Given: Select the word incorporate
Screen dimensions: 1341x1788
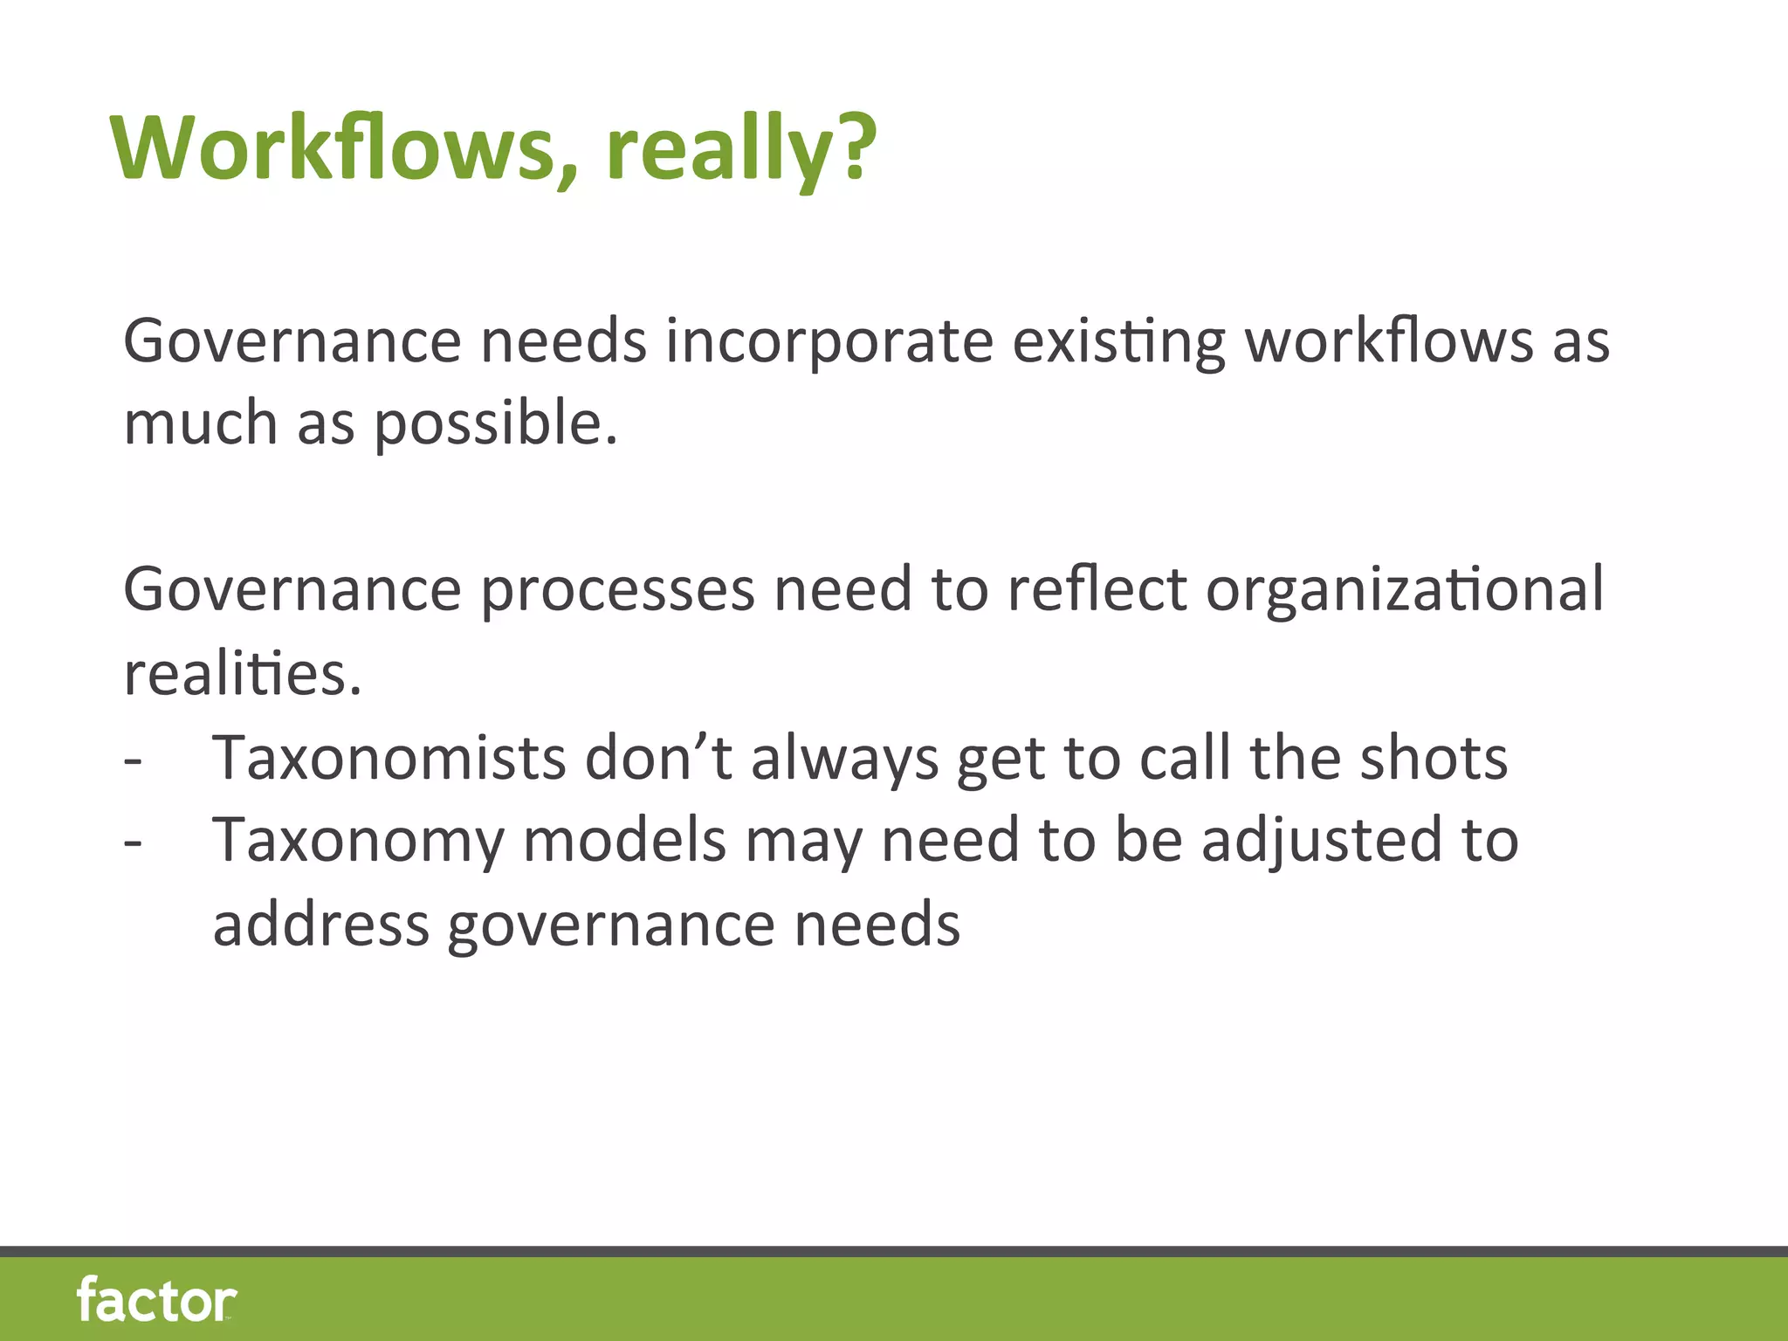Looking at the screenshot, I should pos(829,342).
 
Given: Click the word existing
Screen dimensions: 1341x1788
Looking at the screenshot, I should pos(1119,342).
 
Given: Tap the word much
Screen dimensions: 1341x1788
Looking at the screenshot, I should pos(201,423).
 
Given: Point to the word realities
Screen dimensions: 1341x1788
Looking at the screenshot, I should pos(243,674).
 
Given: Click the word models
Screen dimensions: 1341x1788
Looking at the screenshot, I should pos(625,841).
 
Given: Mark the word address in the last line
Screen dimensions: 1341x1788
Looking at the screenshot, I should pos(321,925).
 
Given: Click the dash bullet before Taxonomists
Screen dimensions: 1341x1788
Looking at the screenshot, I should pos(133,760).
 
